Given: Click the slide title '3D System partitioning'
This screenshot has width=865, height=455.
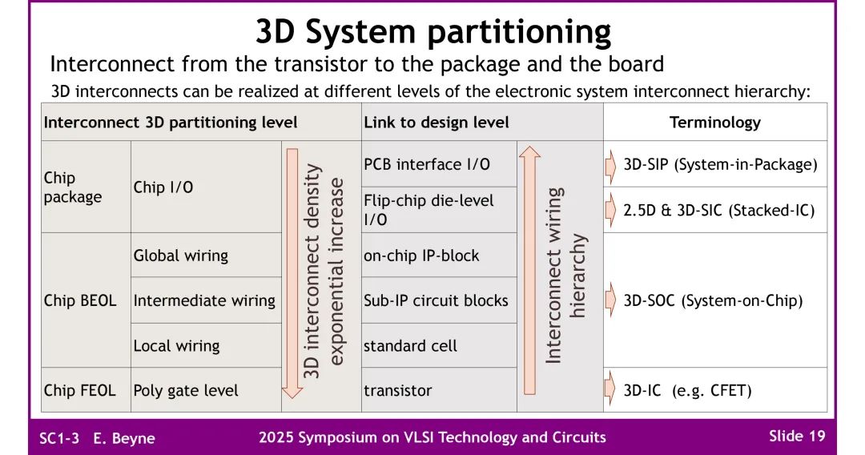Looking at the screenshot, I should point(432,31).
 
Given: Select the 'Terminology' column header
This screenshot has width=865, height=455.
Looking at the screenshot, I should point(714,123).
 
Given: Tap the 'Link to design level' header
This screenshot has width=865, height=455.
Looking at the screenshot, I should point(436,123).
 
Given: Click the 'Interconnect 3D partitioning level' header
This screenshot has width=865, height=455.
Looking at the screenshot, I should point(171,123).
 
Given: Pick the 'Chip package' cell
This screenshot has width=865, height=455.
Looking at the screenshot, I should point(73,187).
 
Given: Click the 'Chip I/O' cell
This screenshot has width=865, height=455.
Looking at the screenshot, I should point(163,187).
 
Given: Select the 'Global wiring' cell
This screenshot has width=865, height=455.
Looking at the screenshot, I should point(180,256).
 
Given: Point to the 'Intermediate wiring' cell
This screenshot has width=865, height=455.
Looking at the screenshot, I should point(204,300).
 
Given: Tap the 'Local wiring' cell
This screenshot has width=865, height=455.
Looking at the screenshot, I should point(176,346).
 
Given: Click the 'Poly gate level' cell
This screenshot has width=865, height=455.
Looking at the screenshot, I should point(186,391).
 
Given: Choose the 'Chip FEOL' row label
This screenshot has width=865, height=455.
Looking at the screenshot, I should point(79,391).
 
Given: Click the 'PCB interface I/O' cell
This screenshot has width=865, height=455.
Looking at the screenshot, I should point(426,165).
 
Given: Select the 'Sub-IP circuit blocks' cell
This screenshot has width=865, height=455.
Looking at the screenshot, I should point(436,300).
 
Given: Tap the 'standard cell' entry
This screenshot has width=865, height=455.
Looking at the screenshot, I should point(410,346).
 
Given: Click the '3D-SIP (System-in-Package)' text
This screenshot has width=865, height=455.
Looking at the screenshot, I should point(720,165).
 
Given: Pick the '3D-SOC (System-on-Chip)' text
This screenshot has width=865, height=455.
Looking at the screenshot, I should point(713,301).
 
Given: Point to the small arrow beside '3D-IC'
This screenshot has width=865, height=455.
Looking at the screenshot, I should point(611,390).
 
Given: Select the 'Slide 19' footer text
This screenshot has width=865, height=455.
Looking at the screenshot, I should point(796,436).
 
